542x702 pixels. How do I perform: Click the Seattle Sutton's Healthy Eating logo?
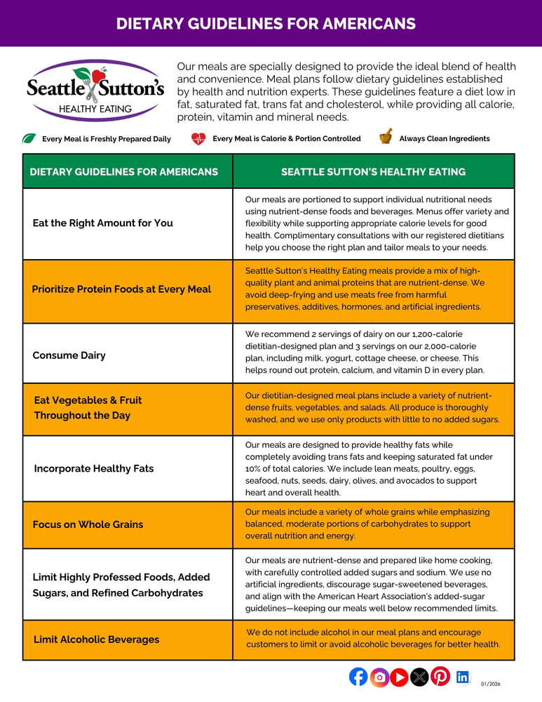95,90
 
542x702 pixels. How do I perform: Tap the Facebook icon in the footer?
358,677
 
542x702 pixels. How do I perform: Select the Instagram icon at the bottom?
379,677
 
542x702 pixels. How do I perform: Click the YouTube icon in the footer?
399,677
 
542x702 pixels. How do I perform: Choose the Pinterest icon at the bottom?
440,677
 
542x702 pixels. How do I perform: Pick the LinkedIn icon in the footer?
463,677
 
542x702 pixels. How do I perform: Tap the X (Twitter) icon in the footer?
419,677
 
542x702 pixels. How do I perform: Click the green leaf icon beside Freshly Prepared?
29,138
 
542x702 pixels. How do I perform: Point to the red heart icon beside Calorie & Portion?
198,138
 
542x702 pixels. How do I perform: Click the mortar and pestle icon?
386,137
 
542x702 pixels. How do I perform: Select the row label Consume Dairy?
69,355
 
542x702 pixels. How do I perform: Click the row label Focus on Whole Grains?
88,524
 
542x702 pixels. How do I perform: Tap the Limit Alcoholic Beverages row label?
96,640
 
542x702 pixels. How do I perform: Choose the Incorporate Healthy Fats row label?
93,468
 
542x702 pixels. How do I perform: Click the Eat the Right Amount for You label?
102,223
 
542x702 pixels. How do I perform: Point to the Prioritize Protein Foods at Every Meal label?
121,289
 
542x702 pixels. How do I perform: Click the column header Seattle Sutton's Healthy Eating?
373,171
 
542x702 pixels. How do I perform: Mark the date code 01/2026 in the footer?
491,683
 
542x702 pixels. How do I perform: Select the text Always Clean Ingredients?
445,138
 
